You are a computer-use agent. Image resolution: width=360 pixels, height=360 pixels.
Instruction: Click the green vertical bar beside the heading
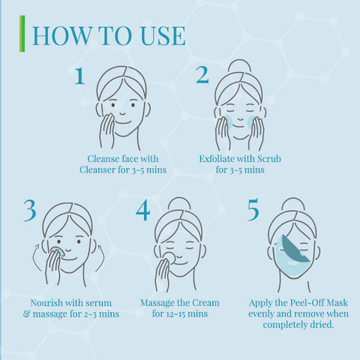[22, 34]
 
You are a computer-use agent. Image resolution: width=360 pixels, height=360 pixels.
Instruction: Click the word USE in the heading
[163, 36]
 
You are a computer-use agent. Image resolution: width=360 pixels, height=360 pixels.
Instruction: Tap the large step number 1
[79, 75]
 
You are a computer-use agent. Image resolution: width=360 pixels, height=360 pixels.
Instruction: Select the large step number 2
[202, 75]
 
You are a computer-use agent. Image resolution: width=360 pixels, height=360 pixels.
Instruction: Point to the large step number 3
[30, 210]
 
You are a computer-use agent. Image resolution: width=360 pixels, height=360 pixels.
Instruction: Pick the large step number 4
[142, 210]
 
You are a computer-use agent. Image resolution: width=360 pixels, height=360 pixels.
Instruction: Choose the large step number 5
[253, 210]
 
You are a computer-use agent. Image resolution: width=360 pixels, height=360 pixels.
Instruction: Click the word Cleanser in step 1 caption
[97, 169]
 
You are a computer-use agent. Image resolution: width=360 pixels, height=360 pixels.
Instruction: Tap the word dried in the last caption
[322, 325]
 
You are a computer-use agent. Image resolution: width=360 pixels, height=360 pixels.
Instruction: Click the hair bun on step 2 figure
[239, 66]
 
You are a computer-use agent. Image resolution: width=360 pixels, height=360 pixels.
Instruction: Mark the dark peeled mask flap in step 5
[295, 248]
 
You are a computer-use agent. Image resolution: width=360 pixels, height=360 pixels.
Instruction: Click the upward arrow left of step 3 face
[36, 258]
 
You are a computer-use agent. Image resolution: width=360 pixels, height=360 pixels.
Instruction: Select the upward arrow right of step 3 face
[101, 258]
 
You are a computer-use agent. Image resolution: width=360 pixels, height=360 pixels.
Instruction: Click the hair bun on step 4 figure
[179, 204]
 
